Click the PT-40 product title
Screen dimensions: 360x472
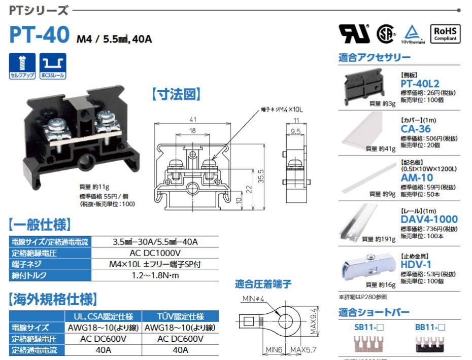pos(39,34)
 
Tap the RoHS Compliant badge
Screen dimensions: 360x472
pos(445,33)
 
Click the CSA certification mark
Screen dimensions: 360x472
pos(386,33)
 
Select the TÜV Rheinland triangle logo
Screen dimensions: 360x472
pos(414,32)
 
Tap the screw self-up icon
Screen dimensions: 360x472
pos(22,64)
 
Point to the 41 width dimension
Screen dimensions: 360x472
pos(192,120)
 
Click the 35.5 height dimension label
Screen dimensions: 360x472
pos(261,175)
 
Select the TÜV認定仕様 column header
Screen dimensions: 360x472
pos(181,316)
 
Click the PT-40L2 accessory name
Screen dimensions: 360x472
pos(420,84)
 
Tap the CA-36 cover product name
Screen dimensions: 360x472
pos(416,129)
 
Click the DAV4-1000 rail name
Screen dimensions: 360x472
pos(429,220)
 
